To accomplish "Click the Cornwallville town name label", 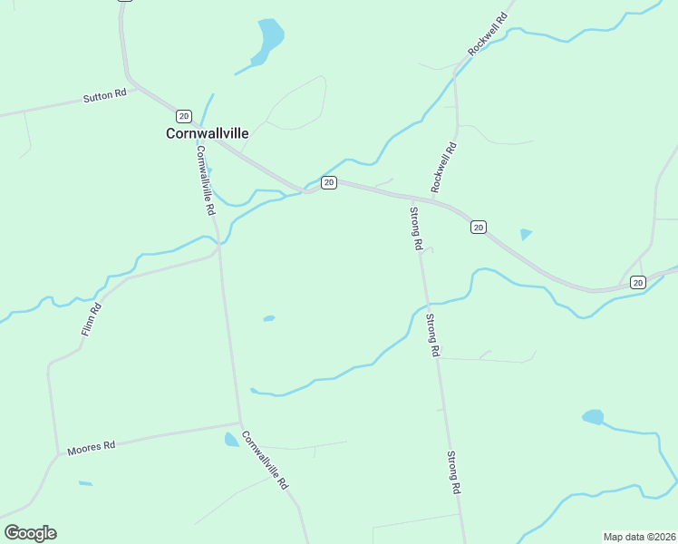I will click(x=207, y=132).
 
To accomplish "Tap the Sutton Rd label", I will click(x=104, y=96).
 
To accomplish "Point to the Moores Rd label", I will click(x=92, y=446).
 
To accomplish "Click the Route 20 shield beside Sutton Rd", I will click(x=184, y=115).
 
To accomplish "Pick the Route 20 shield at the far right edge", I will click(x=637, y=283).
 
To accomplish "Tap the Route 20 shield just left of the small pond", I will click(x=479, y=227).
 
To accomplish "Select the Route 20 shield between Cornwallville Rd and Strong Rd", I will click(x=329, y=183).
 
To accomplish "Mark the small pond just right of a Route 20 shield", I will click(x=526, y=234).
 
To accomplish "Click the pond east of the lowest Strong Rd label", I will click(x=593, y=417).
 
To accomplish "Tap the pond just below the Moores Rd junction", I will click(x=231, y=440).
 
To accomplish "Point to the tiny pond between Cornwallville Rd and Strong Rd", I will click(x=268, y=318).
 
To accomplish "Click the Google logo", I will click(x=30, y=533).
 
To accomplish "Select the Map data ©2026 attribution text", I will click(x=639, y=537).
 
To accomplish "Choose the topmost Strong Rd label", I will click(x=416, y=228).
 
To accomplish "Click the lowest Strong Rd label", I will click(x=454, y=471).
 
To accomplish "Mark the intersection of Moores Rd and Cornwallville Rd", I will click(x=240, y=423).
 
